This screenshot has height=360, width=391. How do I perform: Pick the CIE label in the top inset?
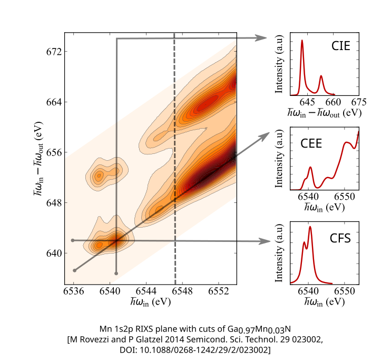[341, 46]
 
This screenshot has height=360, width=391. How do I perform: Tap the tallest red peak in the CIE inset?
[302, 40]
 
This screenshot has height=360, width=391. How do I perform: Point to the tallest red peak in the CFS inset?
[310, 227]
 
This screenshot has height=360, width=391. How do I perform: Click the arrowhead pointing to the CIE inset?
[262, 38]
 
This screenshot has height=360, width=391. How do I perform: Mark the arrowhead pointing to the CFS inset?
[262, 241]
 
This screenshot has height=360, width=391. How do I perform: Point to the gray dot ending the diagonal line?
[75, 270]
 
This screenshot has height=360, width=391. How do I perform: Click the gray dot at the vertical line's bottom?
[116, 273]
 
